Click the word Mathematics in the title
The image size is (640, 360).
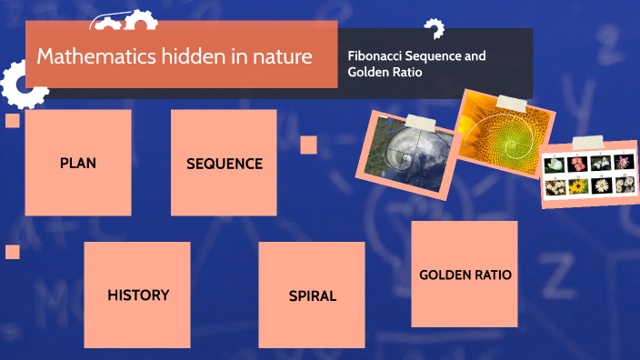(x=85, y=56)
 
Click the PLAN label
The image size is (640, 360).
(x=78, y=164)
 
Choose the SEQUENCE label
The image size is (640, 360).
(x=224, y=164)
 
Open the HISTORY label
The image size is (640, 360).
(x=138, y=295)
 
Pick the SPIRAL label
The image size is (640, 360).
(x=312, y=295)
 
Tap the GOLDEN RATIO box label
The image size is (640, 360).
(x=465, y=275)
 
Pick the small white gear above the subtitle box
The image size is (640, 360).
(x=435, y=29)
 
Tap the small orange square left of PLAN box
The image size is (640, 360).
(x=13, y=121)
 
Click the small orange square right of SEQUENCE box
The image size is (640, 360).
(x=308, y=145)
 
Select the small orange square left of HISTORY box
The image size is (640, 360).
(x=13, y=252)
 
